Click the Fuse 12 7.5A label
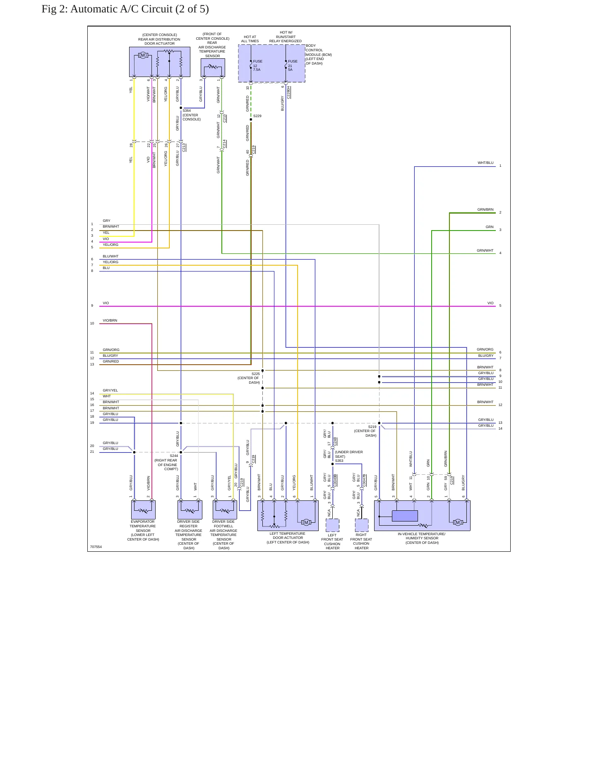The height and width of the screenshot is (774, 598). click(257, 65)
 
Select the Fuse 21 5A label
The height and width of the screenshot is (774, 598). click(293, 65)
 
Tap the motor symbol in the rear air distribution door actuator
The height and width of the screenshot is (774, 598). click(143, 55)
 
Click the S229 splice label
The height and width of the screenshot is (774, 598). click(257, 116)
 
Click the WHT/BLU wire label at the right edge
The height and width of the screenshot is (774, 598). click(485, 163)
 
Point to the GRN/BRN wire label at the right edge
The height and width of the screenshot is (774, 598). click(485, 209)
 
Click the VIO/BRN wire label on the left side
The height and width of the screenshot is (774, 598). click(110, 320)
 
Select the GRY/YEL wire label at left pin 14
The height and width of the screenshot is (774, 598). click(110, 390)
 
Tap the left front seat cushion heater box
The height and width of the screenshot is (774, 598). click(332, 525)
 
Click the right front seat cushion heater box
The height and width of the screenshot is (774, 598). click(362, 525)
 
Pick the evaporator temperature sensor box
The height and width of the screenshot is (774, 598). click(143, 510)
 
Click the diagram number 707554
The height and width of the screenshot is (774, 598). click(96, 547)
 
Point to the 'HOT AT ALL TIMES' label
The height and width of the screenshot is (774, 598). click(250, 39)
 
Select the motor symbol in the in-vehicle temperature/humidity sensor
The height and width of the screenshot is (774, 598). click(458, 522)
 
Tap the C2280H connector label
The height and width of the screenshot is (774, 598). click(288, 92)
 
